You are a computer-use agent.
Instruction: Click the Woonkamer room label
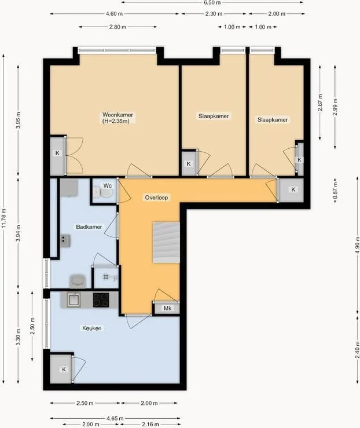point(117,115)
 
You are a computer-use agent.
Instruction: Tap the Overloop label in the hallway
point(156,197)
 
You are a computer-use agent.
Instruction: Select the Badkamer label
point(89,226)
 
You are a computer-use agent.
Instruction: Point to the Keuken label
point(91,328)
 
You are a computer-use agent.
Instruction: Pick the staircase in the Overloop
point(166,241)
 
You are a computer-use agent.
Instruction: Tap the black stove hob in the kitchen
point(101,299)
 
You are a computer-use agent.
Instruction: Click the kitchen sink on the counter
point(74,299)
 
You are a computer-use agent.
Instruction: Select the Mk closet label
point(168,308)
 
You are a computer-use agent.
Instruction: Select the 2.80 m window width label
point(117,27)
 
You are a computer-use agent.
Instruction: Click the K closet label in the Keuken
point(64,369)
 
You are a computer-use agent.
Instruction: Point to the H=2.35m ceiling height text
point(117,122)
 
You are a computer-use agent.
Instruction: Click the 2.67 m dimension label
point(319,104)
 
